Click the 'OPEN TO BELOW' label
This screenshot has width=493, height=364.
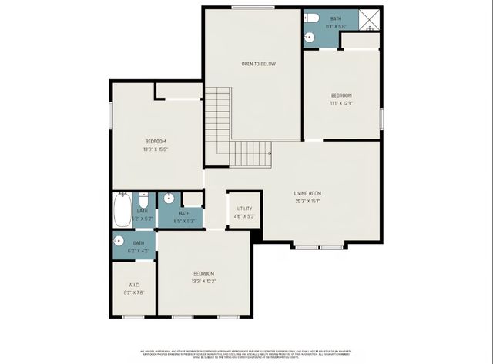(x=258, y=64)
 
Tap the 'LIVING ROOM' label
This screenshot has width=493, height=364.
(x=307, y=193)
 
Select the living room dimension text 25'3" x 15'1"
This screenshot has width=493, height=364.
(x=307, y=202)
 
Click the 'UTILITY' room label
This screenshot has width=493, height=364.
(x=244, y=209)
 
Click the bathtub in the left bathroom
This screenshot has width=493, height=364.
(x=122, y=210)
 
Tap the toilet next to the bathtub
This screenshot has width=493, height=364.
(x=143, y=199)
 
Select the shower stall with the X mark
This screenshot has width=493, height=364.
(x=370, y=19)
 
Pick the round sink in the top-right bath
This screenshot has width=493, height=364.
(x=309, y=36)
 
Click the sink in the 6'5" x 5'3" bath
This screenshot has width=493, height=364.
(x=169, y=199)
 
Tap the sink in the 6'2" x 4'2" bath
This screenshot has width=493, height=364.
(x=119, y=240)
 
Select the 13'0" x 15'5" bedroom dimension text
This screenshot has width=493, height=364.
(x=156, y=149)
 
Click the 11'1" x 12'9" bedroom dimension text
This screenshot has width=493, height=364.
(x=342, y=103)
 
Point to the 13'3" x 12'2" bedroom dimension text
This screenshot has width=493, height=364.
(x=203, y=282)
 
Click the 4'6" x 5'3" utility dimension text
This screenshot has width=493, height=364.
(x=244, y=217)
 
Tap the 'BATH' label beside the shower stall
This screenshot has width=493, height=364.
(x=336, y=18)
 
